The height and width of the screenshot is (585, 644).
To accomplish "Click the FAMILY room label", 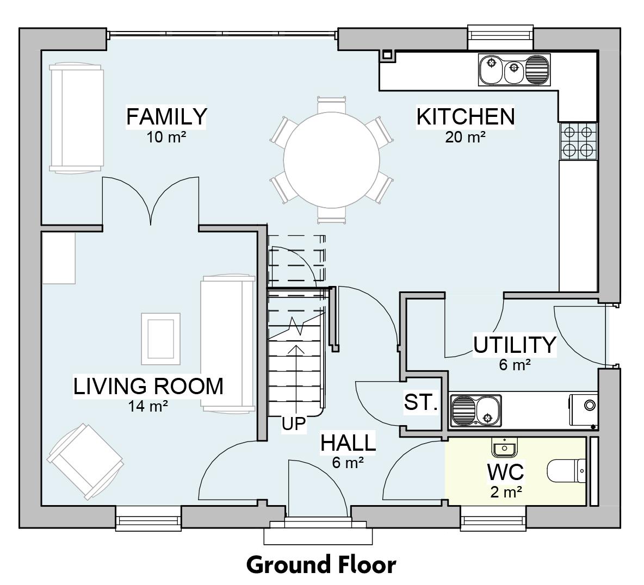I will click(166, 116).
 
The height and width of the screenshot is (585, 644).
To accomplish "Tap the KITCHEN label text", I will click(465, 116).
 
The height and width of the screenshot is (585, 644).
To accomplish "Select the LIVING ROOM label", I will click(148, 386).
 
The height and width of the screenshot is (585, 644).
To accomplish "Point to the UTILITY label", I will click(514, 345).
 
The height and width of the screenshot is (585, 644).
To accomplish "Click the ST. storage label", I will click(420, 403).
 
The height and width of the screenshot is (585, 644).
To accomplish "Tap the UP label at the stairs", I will click(294, 424).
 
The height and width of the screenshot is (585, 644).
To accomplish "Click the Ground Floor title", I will click(321, 564).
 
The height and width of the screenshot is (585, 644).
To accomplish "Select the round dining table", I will click(331, 161).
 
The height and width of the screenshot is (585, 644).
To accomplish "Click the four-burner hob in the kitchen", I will click(578, 141).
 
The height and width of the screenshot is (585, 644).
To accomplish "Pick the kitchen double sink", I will click(514, 70).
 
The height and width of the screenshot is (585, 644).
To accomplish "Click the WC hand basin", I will click(504, 447).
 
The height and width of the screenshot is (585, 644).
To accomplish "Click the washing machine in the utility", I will click(584, 409).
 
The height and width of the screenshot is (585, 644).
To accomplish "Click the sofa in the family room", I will click(76, 117).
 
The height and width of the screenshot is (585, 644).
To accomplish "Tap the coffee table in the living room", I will click(160, 339).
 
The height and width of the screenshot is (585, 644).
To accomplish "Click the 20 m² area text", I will click(465, 137).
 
